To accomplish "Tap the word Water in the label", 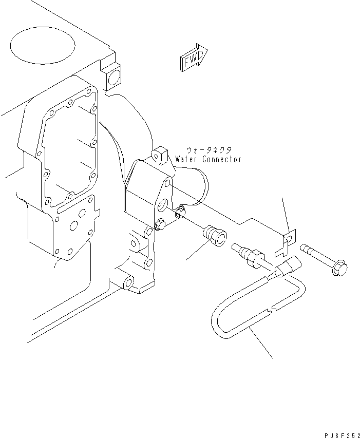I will tap(186, 159).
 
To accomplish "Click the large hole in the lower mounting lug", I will tap(126, 282).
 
